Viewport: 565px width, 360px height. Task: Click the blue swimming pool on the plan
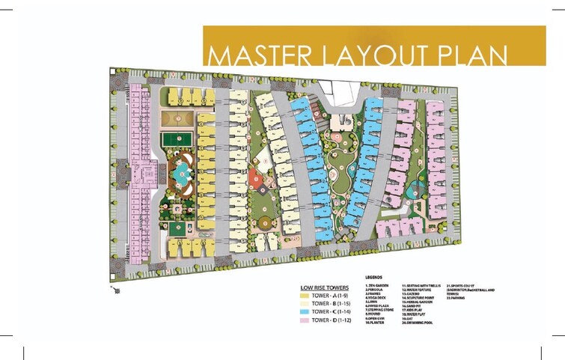[x=180, y=174]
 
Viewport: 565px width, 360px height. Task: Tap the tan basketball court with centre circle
[x=177, y=120]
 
